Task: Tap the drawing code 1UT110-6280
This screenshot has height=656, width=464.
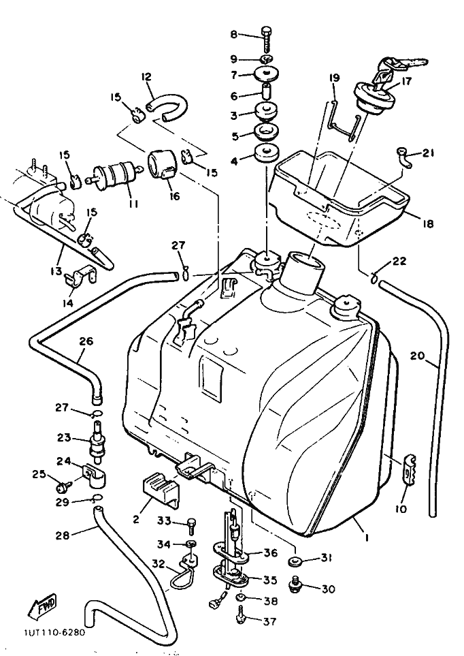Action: point(52,631)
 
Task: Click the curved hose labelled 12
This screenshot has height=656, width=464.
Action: point(167,107)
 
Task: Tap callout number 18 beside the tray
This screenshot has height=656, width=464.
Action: point(427,223)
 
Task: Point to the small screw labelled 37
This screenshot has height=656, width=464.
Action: point(241,617)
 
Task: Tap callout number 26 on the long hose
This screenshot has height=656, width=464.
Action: point(86,342)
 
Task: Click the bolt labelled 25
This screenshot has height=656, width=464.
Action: point(64,486)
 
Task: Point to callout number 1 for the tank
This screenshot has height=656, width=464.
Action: point(367,538)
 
